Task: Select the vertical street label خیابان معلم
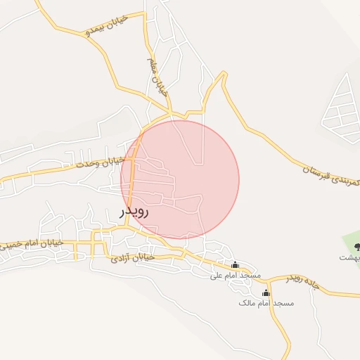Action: click(x=157, y=77)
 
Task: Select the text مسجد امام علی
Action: click(x=236, y=275)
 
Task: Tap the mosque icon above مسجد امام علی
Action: click(x=235, y=265)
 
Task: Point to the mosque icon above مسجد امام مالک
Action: click(x=266, y=292)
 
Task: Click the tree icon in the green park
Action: click(x=356, y=246)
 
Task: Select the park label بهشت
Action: click(x=350, y=257)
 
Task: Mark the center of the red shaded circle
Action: click(x=180, y=179)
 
